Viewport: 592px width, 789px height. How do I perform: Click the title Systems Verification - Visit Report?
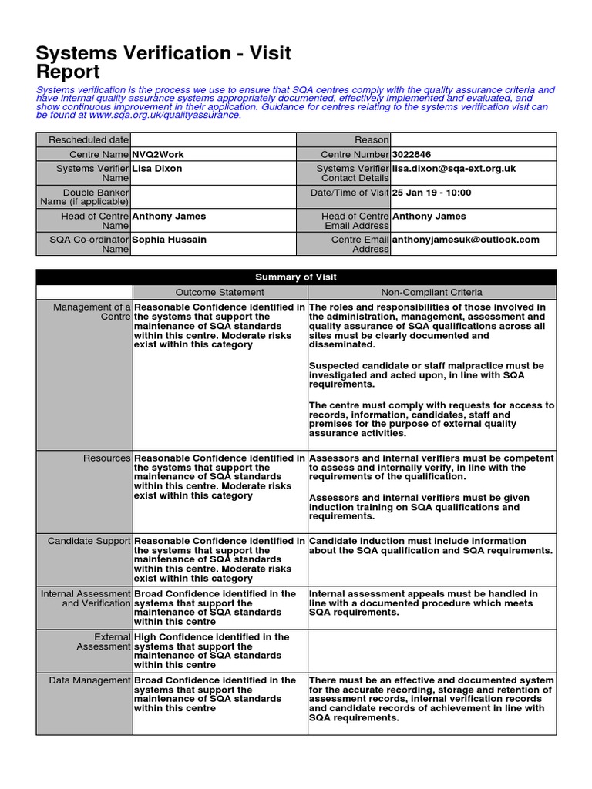click(x=163, y=62)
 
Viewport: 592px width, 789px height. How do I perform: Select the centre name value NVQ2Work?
click(x=158, y=154)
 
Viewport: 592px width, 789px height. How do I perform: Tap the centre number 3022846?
click(x=412, y=154)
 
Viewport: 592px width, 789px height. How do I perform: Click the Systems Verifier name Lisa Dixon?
click(x=157, y=168)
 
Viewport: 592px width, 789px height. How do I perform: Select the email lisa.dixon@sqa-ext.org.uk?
click(x=454, y=168)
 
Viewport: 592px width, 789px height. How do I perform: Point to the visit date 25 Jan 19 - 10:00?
click(x=432, y=193)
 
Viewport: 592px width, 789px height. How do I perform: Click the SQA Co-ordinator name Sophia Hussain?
click(x=170, y=240)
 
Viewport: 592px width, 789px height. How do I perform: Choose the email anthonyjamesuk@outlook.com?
click(x=466, y=240)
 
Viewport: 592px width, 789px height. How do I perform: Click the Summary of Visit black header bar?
click(x=296, y=277)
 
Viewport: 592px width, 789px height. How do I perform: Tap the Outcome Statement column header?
click(x=220, y=293)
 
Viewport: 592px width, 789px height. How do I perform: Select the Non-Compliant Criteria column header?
click(x=432, y=293)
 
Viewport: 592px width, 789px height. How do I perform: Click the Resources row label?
click(x=107, y=458)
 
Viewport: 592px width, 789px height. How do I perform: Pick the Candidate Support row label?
click(x=89, y=542)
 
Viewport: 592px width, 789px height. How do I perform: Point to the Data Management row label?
click(x=90, y=680)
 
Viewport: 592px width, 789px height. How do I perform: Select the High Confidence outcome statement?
click(x=212, y=651)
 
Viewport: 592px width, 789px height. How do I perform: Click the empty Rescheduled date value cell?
click(x=214, y=139)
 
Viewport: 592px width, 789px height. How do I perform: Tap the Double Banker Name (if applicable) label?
click(x=85, y=197)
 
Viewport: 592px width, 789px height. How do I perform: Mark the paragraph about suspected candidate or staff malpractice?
click(x=426, y=374)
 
